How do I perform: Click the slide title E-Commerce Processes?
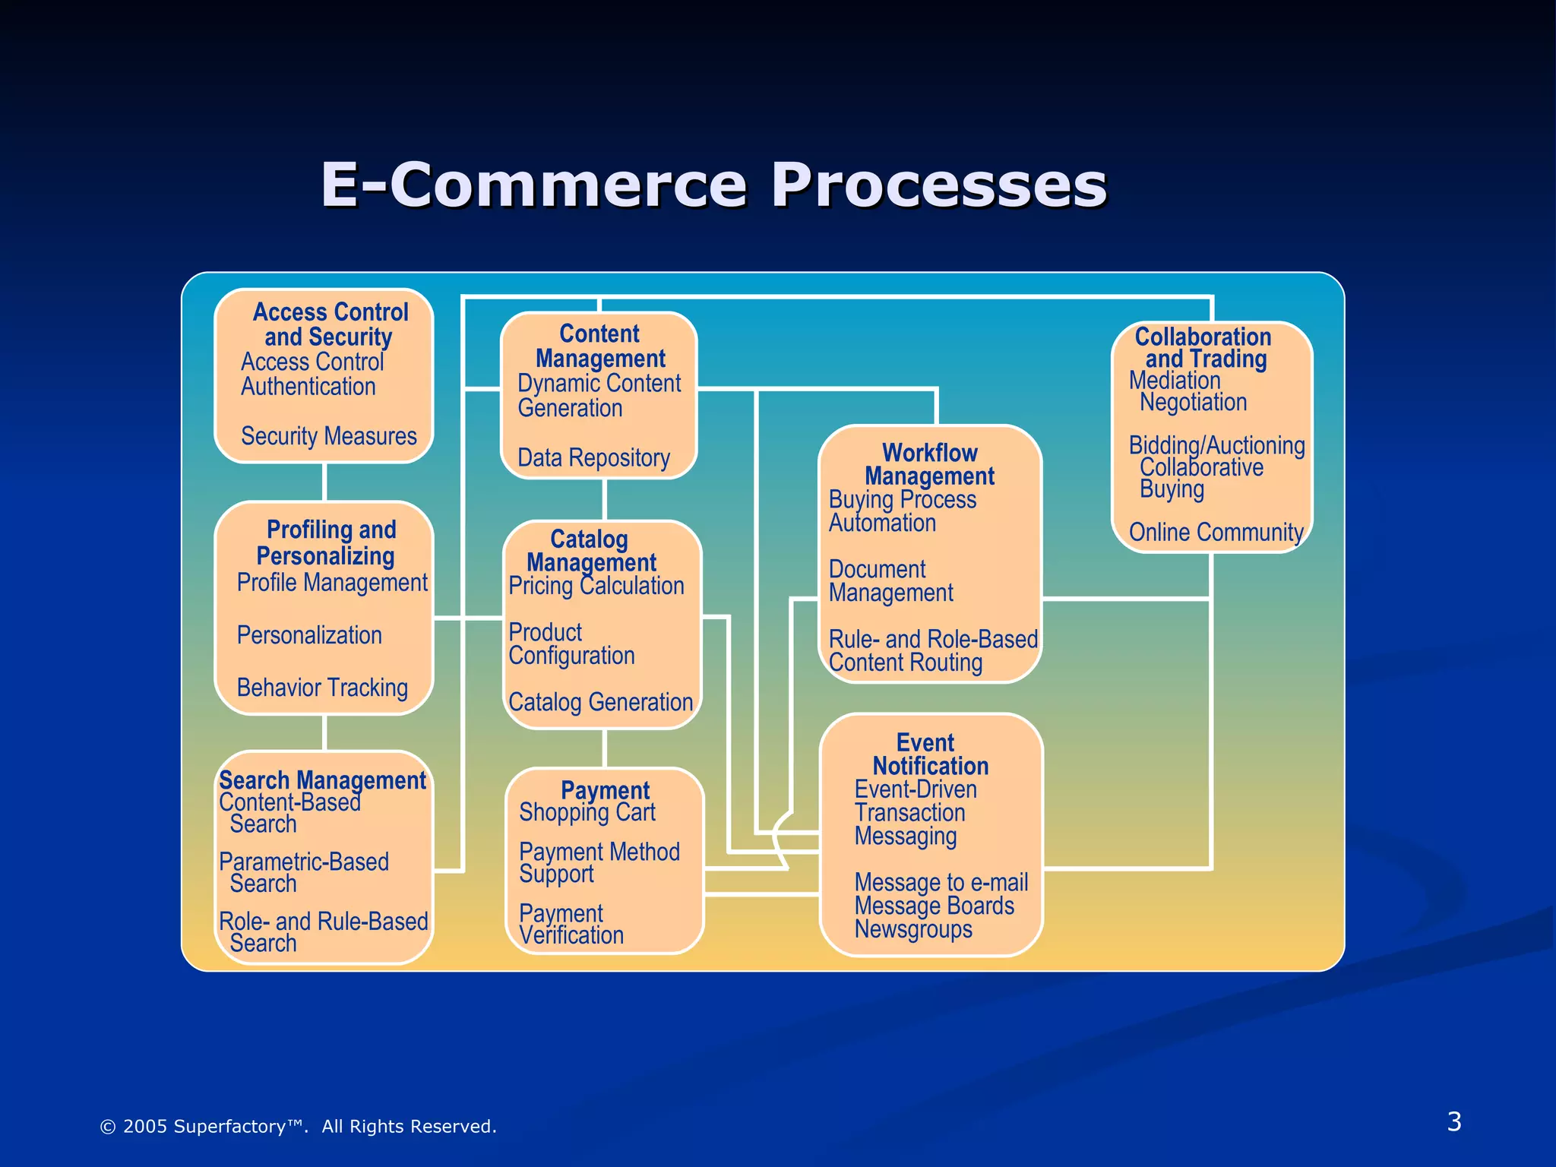713,185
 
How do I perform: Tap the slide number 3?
1453,1121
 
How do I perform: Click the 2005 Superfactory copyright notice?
298,1126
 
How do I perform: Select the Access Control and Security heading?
330,324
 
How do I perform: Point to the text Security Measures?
328,436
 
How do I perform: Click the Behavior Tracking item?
322,688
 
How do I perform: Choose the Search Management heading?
322,780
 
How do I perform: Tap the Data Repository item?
593,458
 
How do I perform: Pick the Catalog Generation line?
600,702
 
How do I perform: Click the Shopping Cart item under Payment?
587,812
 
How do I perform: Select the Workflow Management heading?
929,464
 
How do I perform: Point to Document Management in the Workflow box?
890,581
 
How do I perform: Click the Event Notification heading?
928,754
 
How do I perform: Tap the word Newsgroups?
912,929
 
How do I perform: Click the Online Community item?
1216,532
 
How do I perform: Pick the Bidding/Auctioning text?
1216,445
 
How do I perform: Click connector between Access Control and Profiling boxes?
324,482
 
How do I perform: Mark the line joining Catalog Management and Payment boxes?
604,748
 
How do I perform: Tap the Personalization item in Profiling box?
309,635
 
